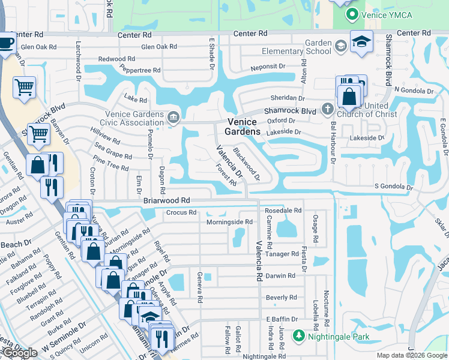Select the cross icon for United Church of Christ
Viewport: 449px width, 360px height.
click(x=327, y=109)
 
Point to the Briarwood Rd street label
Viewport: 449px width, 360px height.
click(x=167, y=200)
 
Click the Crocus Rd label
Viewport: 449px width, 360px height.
click(x=181, y=212)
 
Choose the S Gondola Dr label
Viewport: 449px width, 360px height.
click(x=393, y=187)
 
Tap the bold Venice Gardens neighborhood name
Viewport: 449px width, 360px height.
click(x=243, y=126)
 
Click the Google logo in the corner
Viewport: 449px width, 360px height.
click(x=20, y=353)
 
